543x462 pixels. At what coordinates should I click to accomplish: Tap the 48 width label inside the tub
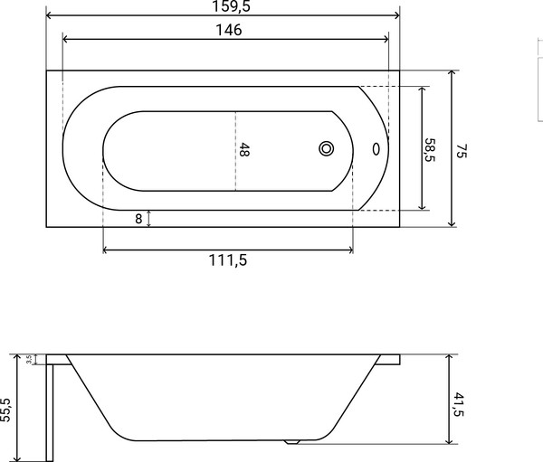tap(243, 150)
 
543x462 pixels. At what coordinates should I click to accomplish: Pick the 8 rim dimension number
tap(138, 218)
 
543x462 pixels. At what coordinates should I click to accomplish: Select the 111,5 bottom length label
tap(227, 259)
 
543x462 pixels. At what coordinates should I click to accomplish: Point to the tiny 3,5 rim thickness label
tap(30, 359)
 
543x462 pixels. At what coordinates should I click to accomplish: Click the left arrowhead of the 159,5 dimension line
tap(50, 16)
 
